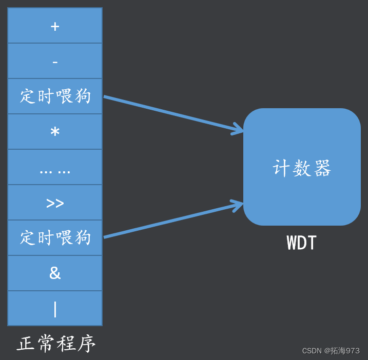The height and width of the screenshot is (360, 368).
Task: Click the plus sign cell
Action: click(55, 26)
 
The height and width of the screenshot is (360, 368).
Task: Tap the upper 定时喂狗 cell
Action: click(55, 96)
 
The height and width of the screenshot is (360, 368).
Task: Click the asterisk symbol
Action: click(55, 131)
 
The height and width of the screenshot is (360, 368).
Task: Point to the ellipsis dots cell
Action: click(55, 170)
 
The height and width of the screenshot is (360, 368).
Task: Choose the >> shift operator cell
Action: click(55, 203)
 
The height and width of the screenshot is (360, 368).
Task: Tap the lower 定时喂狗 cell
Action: click(55, 238)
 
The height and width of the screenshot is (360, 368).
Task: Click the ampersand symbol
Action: click(55, 273)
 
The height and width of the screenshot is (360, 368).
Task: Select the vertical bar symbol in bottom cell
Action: click(55, 309)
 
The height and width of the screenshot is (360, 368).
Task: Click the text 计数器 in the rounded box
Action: click(302, 168)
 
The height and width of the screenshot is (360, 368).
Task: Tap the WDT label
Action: click(302, 243)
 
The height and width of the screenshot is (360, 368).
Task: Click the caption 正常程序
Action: click(56, 344)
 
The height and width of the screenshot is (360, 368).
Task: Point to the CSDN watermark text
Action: click(331, 351)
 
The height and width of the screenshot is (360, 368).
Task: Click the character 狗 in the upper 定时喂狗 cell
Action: click(82, 96)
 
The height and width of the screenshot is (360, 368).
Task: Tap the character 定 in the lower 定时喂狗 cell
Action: click(28, 238)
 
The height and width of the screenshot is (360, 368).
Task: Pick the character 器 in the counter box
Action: click(322, 168)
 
